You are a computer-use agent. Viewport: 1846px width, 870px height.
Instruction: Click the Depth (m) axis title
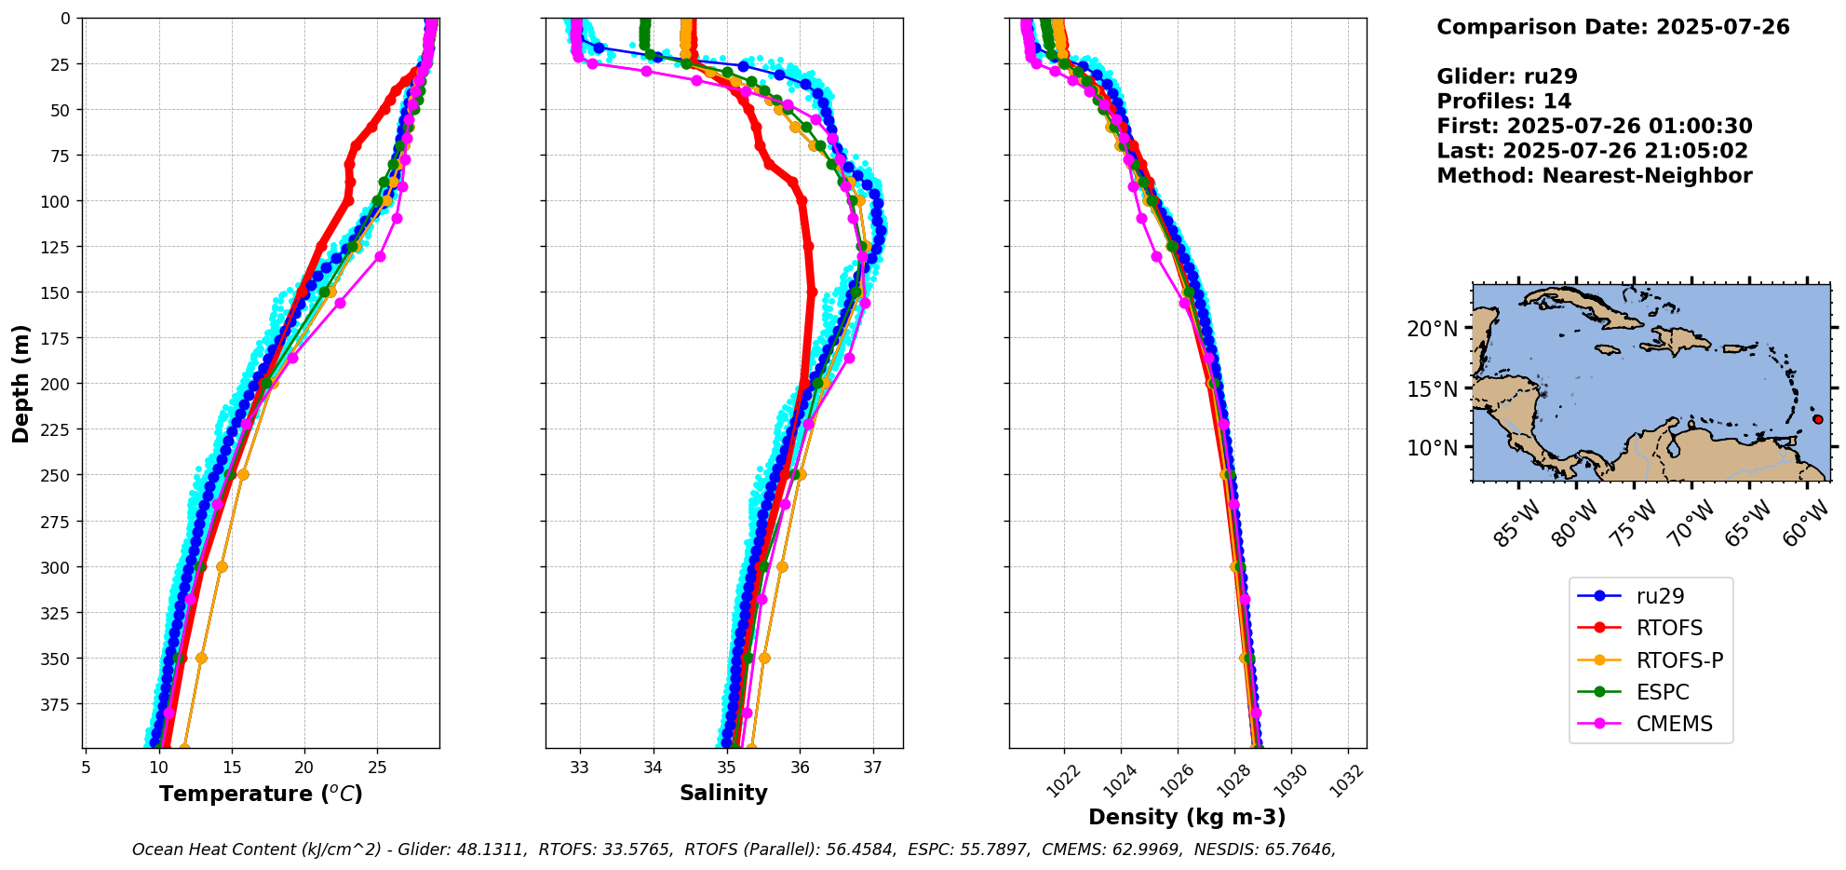pos(21,383)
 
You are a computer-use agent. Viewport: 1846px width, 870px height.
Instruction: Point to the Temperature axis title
pos(261,794)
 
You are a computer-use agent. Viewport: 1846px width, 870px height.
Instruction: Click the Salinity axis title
pos(723,793)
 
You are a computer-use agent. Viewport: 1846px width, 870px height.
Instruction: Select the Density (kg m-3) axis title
pos(1187,817)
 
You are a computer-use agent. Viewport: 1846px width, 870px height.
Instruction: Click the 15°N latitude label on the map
pos(1432,388)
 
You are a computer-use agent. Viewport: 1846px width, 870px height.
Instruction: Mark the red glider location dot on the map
pos(1817,419)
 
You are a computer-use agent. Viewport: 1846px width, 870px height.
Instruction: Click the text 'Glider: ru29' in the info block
pos(1506,77)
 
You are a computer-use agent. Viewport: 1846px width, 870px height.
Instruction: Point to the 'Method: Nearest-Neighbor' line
pos(1594,176)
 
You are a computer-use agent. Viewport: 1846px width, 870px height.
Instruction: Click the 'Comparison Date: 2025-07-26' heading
pos(1612,27)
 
